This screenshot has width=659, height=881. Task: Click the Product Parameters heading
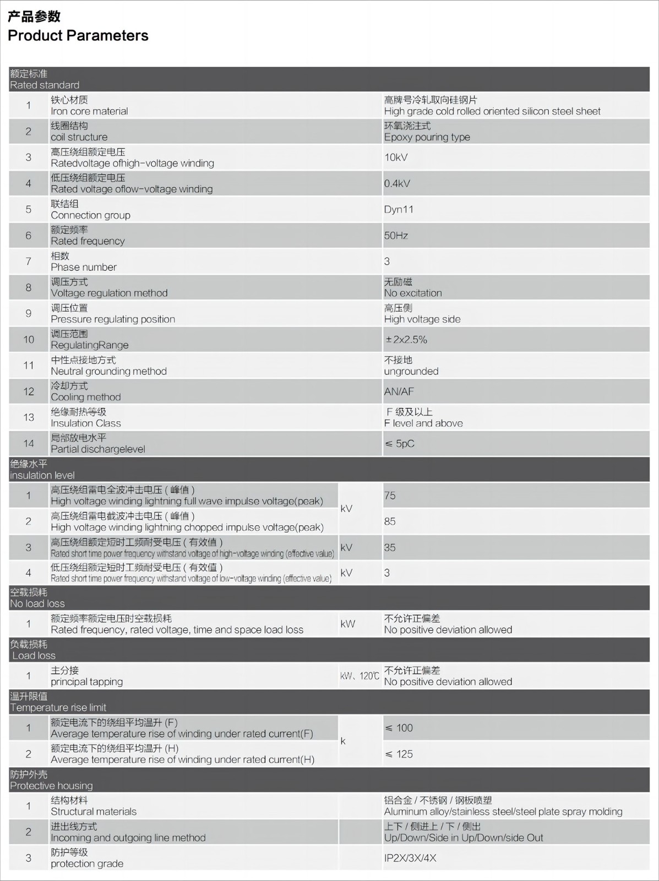[78, 36]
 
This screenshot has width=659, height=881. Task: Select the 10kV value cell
[396, 157]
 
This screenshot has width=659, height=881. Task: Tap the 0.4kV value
[397, 183]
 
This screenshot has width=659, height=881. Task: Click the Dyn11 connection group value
[399, 209]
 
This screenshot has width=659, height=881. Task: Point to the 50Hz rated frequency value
[396, 236]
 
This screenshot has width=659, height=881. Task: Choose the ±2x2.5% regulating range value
[406, 339]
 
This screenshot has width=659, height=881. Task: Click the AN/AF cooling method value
[399, 391]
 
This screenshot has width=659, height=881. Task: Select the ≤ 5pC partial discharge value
[399, 443]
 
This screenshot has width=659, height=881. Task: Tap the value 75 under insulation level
[390, 496]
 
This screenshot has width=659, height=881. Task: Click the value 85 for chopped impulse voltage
[390, 521]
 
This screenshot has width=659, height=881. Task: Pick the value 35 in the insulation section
[390, 547]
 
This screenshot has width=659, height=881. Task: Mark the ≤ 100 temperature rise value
[399, 728]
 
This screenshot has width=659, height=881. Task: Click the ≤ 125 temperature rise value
[399, 754]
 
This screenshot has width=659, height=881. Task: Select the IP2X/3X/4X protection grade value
[410, 858]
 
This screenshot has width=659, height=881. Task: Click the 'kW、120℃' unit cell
[360, 676]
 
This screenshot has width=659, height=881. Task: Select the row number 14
[29, 443]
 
